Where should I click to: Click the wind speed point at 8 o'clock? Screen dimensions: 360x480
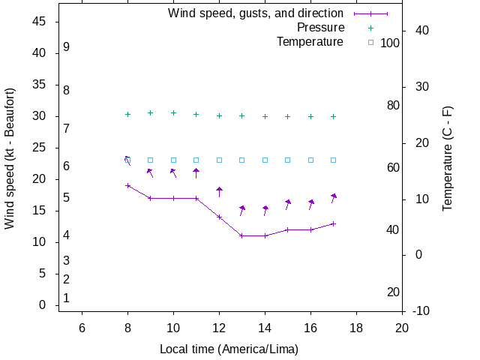pyautogui.click(x=127, y=185)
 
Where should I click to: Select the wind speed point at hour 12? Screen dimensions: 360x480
pyautogui.click(x=219, y=217)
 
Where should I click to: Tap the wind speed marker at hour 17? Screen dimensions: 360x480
pyautogui.click(x=334, y=223)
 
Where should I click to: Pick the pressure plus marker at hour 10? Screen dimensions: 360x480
pyautogui.click(x=173, y=112)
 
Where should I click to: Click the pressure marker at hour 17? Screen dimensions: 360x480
pyautogui.click(x=334, y=116)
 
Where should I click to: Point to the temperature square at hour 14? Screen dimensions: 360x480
pyautogui.click(x=265, y=160)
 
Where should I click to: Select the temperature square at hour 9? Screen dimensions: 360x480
pyautogui.click(x=150, y=160)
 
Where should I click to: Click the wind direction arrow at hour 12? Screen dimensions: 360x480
pyautogui.click(x=219, y=192)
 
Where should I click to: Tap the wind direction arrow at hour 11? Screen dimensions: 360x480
pyautogui.click(x=196, y=174)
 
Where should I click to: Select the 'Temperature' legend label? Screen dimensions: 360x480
pyautogui.click(x=310, y=42)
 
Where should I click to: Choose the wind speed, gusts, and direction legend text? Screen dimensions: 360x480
pyautogui.click(x=256, y=13)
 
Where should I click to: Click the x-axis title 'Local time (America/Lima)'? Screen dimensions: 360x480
pyautogui.click(x=229, y=349)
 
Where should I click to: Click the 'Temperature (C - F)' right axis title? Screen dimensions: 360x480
pyautogui.click(x=448, y=158)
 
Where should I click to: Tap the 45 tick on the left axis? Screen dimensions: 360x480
pyautogui.click(x=40, y=22)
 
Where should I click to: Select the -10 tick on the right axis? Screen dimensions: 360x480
pyautogui.click(x=421, y=310)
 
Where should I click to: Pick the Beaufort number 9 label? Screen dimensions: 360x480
pyautogui.click(x=66, y=46)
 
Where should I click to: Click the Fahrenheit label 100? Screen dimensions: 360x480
pyautogui.click(x=390, y=43)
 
